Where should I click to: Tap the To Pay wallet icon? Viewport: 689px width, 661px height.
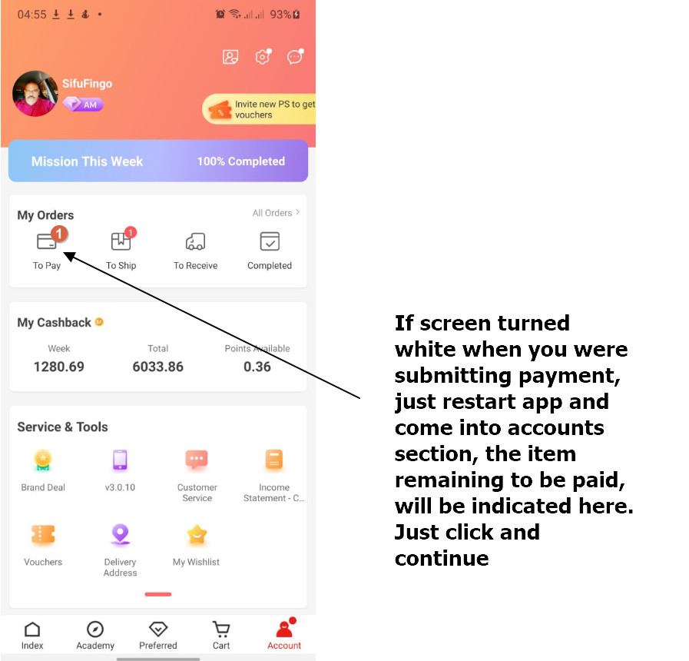pyautogui.click(x=47, y=241)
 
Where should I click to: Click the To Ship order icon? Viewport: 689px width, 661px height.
pyautogui.click(x=121, y=241)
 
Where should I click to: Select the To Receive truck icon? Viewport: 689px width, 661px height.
pyautogui.click(x=196, y=241)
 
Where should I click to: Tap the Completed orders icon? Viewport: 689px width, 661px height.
pyautogui.click(x=270, y=241)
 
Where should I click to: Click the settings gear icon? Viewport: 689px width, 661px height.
pyautogui.click(x=263, y=57)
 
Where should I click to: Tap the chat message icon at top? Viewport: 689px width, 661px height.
pyautogui.click(x=294, y=57)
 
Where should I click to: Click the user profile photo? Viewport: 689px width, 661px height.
pyautogui.click(x=35, y=94)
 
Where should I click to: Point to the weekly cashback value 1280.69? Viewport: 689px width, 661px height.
pyautogui.click(x=59, y=367)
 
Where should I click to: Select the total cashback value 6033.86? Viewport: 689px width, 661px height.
pyautogui.click(x=157, y=367)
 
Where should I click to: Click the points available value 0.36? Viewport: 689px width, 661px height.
pyautogui.click(x=257, y=367)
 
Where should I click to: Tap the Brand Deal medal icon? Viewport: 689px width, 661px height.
pyautogui.click(x=43, y=460)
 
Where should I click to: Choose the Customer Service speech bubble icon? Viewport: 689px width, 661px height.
pyautogui.click(x=197, y=460)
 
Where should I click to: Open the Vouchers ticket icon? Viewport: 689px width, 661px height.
pyautogui.click(x=43, y=534)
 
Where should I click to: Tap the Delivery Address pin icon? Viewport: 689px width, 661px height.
pyautogui.click(x=120, y=534)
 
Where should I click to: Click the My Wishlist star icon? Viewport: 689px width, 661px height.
pyautogui.click(x=197, y=534)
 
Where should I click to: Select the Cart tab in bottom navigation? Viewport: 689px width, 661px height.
pyautogui.click(x=221, y=635)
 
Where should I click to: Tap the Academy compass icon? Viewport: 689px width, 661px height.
pyautogui.click(x=95, y=629)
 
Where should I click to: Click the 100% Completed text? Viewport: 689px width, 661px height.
pyautogui.click(x=240, y=161)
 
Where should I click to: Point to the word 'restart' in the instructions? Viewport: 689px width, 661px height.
pyautogui.click(x=473, y=401)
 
